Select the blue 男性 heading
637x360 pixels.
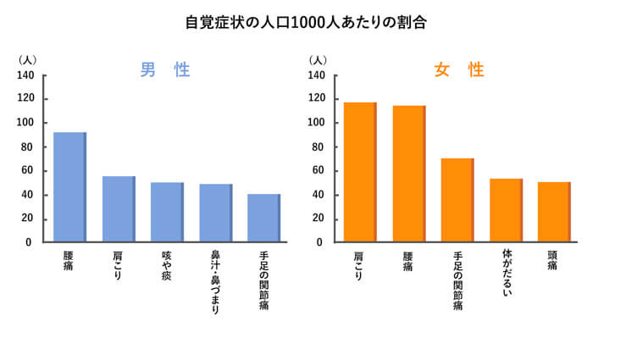coord(165,70)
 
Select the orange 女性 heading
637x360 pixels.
coord(458,70)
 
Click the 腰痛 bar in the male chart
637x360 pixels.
coord(69,187)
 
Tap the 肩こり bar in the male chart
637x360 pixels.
coord(119,209)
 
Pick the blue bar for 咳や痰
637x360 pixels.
coord(167,212)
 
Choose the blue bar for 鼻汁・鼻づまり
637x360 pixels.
coord(215,213)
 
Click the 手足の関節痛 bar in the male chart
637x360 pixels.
coord(263,218)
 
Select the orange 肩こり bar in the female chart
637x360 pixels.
coord(360,172)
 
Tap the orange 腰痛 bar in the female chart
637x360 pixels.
coord(408,174)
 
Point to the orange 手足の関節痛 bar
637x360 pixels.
coord(457,200)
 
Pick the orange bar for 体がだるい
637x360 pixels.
coord(506,210)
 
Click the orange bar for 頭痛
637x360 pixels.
coord(554,212)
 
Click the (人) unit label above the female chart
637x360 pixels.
coord(318,60)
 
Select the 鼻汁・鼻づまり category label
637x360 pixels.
coord(215,282)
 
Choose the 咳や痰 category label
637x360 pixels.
coord(167,266)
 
